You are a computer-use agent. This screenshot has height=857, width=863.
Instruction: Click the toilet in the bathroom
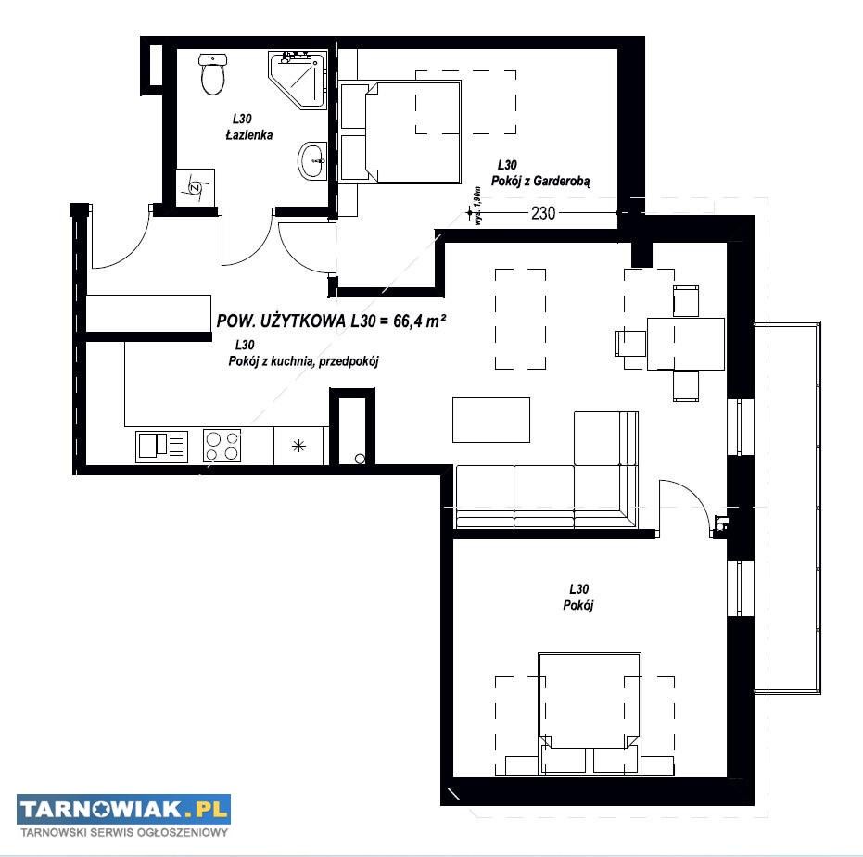[212, 74]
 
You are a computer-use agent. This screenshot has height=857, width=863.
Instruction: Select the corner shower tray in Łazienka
[298, 80]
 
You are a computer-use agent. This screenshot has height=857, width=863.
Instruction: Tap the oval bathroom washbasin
[312, 160]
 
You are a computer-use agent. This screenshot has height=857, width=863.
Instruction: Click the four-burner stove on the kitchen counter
[222, 445]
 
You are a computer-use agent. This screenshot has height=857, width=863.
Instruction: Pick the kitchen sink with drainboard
[162, 446]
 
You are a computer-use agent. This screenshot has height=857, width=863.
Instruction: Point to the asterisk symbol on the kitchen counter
[298, 446]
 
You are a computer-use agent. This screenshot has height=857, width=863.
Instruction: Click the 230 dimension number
[542, 213]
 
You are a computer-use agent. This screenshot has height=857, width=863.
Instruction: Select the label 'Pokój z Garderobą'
[539, 181]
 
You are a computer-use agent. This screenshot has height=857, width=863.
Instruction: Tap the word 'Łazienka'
[249, 134]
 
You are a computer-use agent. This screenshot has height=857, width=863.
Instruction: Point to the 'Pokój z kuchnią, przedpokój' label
[303, 361]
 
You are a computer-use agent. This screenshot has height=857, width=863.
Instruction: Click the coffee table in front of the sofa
[491, 421]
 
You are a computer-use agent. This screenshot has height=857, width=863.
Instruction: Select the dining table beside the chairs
[685, 344]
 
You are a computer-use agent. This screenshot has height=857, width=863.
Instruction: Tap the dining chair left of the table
[630, 343]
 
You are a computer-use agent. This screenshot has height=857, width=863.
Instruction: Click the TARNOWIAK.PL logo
[123, 809]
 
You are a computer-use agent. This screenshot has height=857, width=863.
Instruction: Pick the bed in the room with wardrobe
[400, 132]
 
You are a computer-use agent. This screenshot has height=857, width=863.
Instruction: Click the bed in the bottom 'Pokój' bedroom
[590, 713]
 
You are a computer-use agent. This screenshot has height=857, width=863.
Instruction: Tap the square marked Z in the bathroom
[195, 187]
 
